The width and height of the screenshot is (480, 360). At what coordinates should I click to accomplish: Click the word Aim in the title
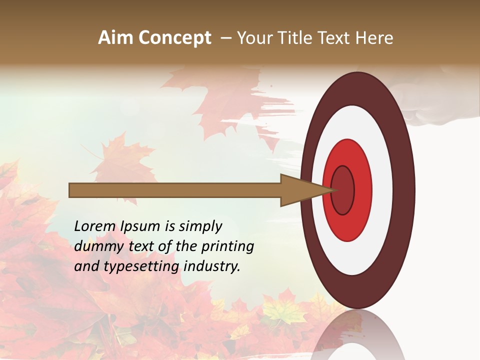tap(116, 38)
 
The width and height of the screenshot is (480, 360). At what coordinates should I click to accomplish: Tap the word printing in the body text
tap(227, 246)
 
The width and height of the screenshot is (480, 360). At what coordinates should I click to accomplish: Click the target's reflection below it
tap(357, 335)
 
